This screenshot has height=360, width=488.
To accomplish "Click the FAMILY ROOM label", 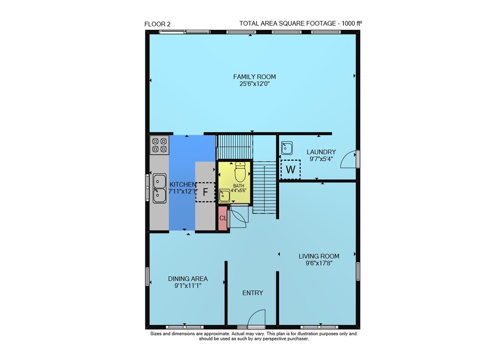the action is point(255,77).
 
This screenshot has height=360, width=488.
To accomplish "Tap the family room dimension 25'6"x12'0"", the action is point(255,84).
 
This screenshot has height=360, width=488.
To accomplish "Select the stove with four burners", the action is point(160,145).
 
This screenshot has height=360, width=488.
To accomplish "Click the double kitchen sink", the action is point(160,188).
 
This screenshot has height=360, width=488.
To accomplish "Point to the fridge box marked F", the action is point(205,192).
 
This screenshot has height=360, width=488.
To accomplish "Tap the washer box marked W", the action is point(290,169).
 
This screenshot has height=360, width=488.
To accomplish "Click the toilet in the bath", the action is point(240,172).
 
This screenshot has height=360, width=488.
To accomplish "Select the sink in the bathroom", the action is point(224,195).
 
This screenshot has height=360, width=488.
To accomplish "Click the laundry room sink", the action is point(286,148).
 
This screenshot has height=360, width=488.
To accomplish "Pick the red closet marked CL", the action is point(223,218).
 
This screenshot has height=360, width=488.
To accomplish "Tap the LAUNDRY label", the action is point(321,152).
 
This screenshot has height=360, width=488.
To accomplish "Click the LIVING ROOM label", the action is point(319,256).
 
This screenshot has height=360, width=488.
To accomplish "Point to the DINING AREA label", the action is point(188,279).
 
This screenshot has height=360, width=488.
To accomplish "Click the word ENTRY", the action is point(253,293).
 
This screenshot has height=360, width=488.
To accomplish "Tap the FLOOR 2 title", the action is point(158,24).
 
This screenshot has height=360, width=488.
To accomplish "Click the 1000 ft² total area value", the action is point(352,23).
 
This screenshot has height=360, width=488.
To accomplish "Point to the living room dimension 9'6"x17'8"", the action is point(319,263).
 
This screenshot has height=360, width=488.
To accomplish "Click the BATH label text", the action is point(239,186).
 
